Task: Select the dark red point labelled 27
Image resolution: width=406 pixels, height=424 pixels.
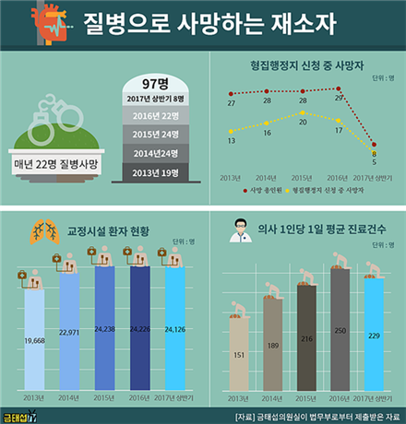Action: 231,94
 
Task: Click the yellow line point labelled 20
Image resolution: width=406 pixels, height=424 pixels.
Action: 304,113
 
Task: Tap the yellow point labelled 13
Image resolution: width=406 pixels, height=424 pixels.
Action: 231,131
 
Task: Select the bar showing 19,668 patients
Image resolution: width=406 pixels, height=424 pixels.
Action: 31,341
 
